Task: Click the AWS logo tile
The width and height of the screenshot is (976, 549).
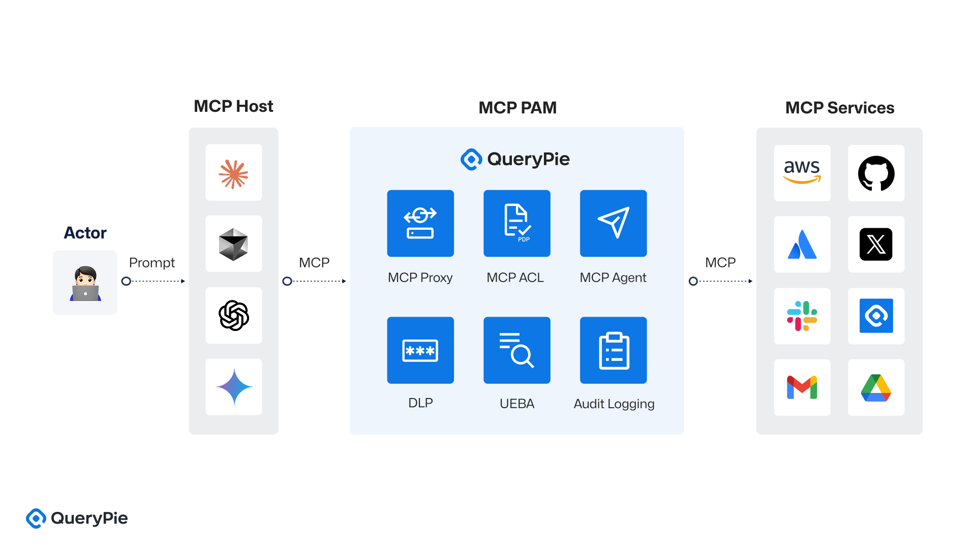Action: click(802, 173)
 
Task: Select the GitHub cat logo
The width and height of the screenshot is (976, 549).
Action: click(876, 173)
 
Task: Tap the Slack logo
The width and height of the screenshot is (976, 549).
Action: click(802, 316)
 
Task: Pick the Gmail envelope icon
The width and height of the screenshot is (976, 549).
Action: click(802, 387)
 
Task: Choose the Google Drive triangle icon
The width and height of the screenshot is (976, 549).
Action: click(876, 387)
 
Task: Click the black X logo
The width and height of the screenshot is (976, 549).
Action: click(876, 244)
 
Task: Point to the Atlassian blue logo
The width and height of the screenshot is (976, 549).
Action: click(802, 244)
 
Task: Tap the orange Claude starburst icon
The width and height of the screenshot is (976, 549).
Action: click(233, 173)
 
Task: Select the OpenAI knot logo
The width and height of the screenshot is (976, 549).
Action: click(233, 316)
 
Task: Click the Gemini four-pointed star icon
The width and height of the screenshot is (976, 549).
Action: click(233, 387)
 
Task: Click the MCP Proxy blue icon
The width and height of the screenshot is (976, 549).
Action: click(420, 223)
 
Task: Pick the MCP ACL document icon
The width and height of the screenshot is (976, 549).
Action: click(516, 223)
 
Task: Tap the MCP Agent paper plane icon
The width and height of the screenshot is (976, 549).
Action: click(613, 223)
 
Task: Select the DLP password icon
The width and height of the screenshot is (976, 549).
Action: click(420, 350)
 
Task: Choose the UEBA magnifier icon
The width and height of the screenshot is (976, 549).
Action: click(516, 350)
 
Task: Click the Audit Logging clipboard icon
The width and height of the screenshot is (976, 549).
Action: click(613, 350)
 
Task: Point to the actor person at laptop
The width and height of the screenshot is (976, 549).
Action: click(85, 283)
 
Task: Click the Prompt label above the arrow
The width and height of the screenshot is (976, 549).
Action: click(151, 263)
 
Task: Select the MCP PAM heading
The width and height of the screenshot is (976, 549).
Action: click(517, 108)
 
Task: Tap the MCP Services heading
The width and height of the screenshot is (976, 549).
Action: click(839, 108)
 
